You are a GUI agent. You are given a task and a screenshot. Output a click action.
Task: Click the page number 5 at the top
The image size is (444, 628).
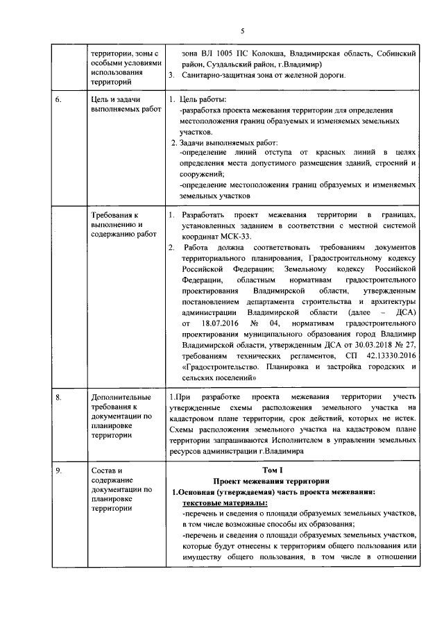click(x=243, y=31)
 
